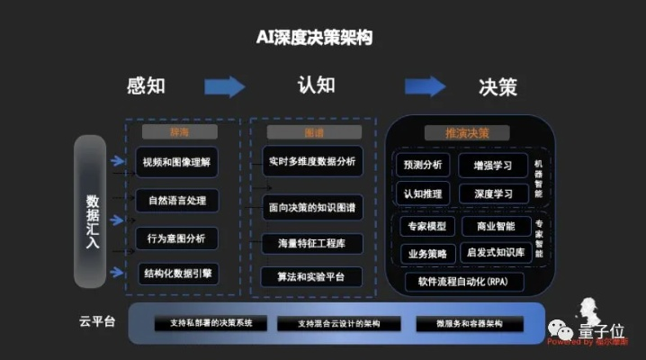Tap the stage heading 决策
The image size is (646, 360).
coord(498,86)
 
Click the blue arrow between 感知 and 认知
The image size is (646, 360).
coord(224,86)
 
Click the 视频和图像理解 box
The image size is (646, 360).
coord(176,163)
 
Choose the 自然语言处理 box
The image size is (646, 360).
coord(176,201)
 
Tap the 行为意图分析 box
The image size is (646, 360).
coord(176,238)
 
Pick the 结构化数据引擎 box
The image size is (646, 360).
coord(176,273)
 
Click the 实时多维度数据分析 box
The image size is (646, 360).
coord(312,162)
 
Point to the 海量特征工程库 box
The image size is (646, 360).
coord(312,243)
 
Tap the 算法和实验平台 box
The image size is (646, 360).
coord(312,275)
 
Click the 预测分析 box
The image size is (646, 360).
coord(422,166)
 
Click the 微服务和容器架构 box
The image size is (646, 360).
coord(469,323)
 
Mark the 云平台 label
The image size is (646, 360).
coord(97,321)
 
